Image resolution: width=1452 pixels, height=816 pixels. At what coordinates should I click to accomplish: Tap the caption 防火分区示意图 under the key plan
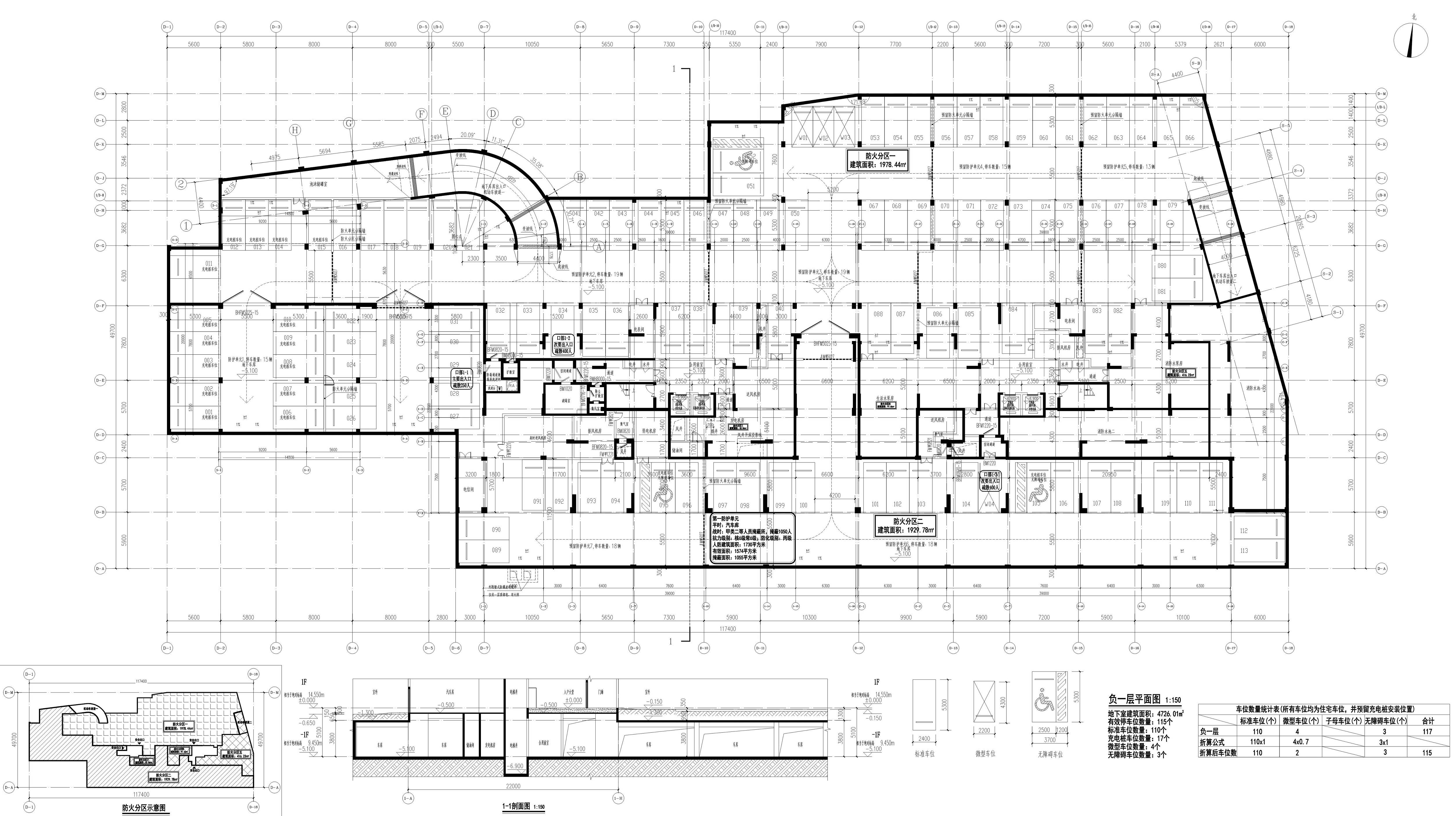tap(144, 808)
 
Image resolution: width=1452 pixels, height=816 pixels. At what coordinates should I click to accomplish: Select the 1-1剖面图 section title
tap(517, 806)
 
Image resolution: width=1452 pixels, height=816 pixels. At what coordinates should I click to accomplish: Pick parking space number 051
tap(750, 186)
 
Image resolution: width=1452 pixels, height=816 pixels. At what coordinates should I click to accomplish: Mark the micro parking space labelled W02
tap(824, 138)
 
